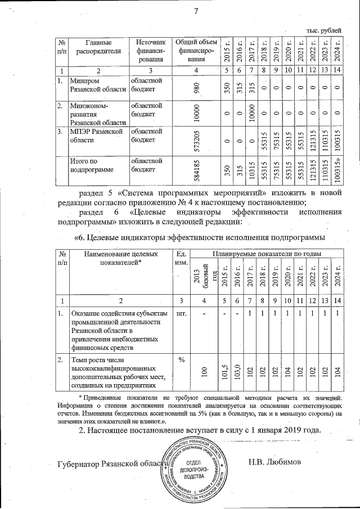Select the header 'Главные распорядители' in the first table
[96, 47]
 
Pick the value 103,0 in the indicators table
[238, 372]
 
